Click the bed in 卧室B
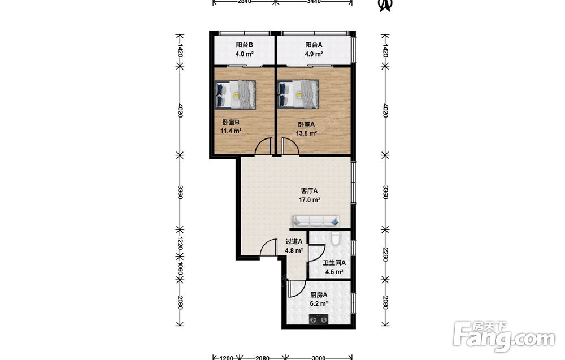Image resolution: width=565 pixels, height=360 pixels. point(236,94)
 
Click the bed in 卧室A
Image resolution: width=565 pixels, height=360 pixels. point(299,94)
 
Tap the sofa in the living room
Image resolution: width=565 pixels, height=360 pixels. point(316,220)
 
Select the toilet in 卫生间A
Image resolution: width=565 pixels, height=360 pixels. point(335,238)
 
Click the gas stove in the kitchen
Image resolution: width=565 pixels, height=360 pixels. point(319,319)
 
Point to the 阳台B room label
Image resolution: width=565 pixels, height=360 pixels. point(244,45)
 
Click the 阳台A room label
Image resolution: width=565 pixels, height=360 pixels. point(314,45)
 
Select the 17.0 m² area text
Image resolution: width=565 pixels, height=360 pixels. point(310,199)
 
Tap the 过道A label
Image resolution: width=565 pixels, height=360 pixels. point(294,242)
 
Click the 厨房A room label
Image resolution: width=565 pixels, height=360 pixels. point(319,295)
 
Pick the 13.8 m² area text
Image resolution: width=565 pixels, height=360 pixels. point(306,133)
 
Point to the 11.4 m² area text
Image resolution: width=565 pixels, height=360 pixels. point(231,131)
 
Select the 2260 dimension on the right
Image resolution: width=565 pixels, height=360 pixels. point(385,254)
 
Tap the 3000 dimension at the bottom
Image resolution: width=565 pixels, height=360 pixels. point(318,358)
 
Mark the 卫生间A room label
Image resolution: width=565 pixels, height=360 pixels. point(334,263)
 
